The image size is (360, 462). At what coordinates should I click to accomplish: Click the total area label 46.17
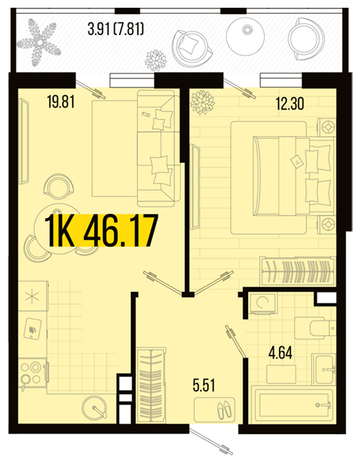120,231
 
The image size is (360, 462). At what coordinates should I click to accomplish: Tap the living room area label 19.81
61,102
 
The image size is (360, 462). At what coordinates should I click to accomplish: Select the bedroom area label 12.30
290,104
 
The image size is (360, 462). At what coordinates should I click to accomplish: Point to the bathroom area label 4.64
280,353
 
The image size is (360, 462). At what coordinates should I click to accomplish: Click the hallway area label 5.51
204,386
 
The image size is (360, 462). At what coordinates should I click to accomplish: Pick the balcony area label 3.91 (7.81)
116,29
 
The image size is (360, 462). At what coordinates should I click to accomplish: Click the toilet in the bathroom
315,328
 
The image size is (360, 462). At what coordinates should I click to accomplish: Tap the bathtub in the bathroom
294,405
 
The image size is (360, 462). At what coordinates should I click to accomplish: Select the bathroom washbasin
324,369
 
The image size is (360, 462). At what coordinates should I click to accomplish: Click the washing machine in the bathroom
263,302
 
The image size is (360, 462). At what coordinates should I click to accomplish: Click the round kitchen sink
94,408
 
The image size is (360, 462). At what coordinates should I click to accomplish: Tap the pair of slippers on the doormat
225,409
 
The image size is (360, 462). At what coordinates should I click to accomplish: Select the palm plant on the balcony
39,43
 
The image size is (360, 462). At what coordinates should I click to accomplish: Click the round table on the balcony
245,36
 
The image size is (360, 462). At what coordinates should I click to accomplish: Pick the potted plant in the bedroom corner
202,101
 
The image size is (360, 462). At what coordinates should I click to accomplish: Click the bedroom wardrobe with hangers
298,271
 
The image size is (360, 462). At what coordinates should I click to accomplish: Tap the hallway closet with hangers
151,384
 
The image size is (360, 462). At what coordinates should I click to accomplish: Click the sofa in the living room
159,148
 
